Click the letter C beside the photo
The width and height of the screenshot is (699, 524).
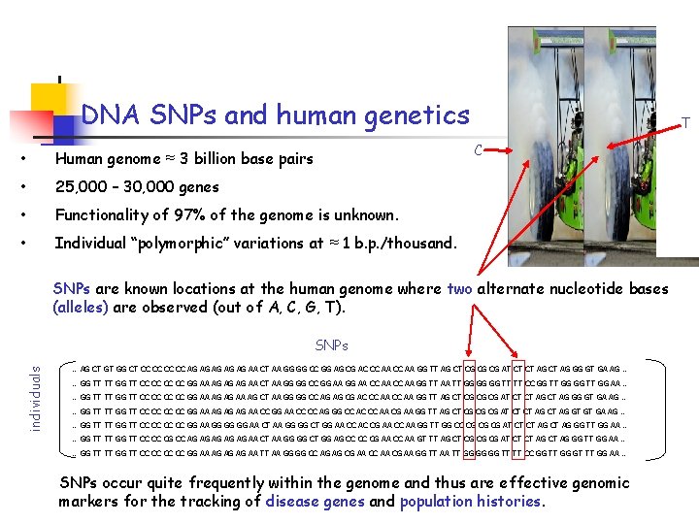pyautogui.click(x=479, y=149)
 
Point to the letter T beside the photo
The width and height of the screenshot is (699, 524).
pyautogui.click(x=685, y=123)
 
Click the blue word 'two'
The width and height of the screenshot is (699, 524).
pyautogui.click(x=459, y=288)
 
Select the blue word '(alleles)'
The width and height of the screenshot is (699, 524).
pyautogui.click(x=82, y=307)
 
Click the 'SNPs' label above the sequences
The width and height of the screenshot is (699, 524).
pyautogui.click(x=332, y=345)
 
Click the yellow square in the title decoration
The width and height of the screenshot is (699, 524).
pyautogui.click(x=49, y=98)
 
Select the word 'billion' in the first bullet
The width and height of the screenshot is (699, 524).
pyautogui.click(x=220, y=158)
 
